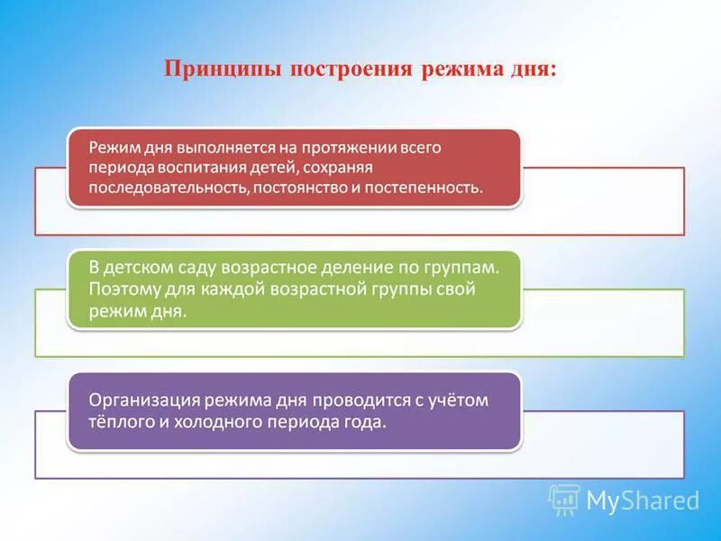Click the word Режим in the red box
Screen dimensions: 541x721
tap(109, 148)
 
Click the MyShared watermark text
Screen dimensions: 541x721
tap(643, 500)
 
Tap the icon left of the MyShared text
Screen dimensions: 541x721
tap(564, 500)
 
